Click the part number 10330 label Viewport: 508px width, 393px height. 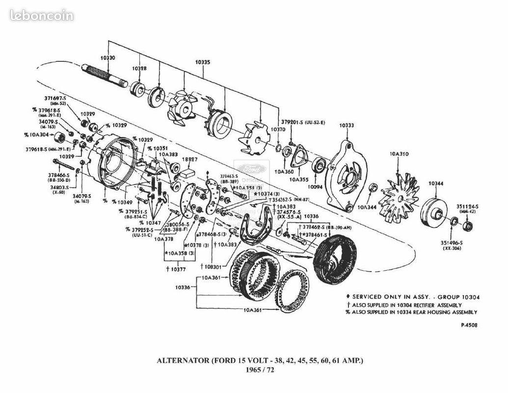107,58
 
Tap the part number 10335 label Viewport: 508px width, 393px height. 203,62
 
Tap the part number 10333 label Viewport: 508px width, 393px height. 347,125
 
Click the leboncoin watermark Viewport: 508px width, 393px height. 41,16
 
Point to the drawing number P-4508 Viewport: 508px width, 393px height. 469,325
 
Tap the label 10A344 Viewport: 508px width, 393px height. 367,208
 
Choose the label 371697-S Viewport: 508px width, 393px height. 55,98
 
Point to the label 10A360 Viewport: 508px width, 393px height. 284,172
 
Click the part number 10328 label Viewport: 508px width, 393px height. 139,68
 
